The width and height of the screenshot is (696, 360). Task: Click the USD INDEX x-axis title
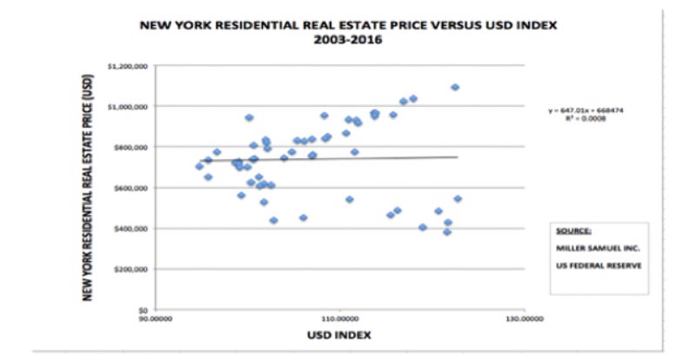(338, 335)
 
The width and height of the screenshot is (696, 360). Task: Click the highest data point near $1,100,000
(455, 87)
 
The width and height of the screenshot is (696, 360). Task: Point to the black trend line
(348, 158)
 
